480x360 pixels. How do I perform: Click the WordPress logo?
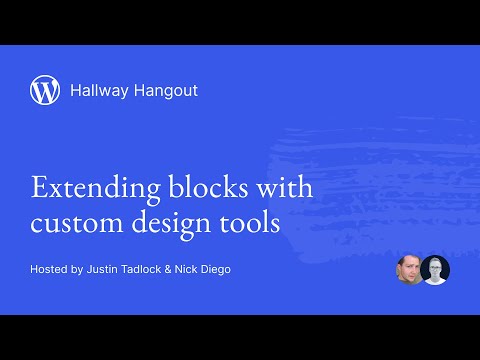click(45, 90)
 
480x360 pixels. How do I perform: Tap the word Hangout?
click(166, 91)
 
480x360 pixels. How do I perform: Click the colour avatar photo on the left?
click(409, 270)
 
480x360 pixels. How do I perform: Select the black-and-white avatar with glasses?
click(435, 270)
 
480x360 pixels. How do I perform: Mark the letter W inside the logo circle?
click(45, 90)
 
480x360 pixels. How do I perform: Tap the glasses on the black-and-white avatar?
click(435, 267)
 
